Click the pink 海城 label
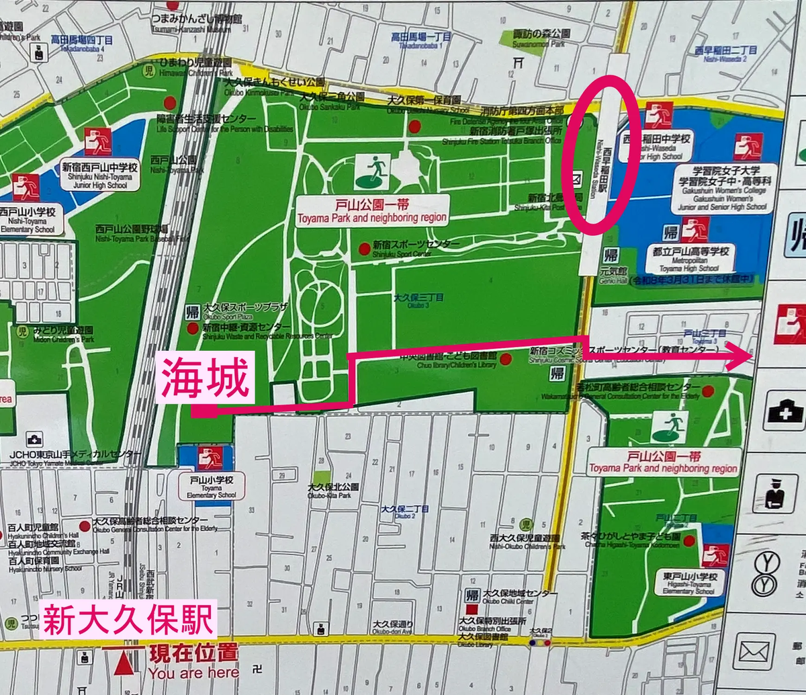tap(205, 378)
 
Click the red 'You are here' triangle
tap(122, 664)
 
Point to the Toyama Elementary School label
tap(211, 487)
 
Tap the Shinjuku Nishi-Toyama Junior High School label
tap(101, 175)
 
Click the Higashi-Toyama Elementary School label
tap(688, 582)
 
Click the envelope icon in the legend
tap(757, 651)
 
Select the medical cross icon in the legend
tap(782, 409)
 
